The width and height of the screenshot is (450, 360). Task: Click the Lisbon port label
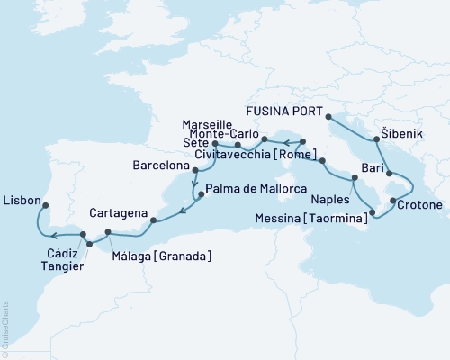[22, 200]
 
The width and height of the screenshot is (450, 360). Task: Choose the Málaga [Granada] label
[164, 256]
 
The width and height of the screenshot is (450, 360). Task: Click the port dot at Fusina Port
[328, 116]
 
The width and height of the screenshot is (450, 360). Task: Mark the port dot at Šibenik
[376, 139]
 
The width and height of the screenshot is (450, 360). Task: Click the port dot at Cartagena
[152, 219]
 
